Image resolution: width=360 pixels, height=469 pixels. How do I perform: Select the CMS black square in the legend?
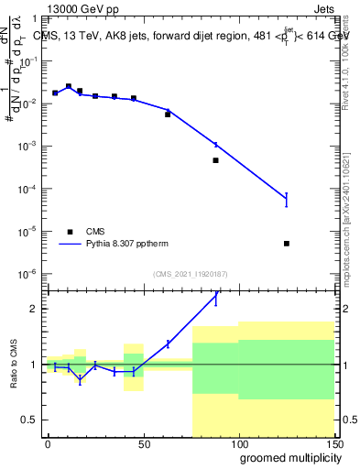point(69,232)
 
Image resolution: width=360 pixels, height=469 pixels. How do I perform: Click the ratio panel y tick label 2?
point(34,309)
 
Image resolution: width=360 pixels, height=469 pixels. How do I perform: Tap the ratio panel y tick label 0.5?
point(29,420)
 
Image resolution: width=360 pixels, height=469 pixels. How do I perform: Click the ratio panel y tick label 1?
point(34,365)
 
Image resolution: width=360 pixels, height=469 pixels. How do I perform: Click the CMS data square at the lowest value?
point(287,244)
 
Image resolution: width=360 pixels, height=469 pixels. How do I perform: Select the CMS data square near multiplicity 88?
point(215,160)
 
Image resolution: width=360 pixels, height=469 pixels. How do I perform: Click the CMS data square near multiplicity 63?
point(168,115)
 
